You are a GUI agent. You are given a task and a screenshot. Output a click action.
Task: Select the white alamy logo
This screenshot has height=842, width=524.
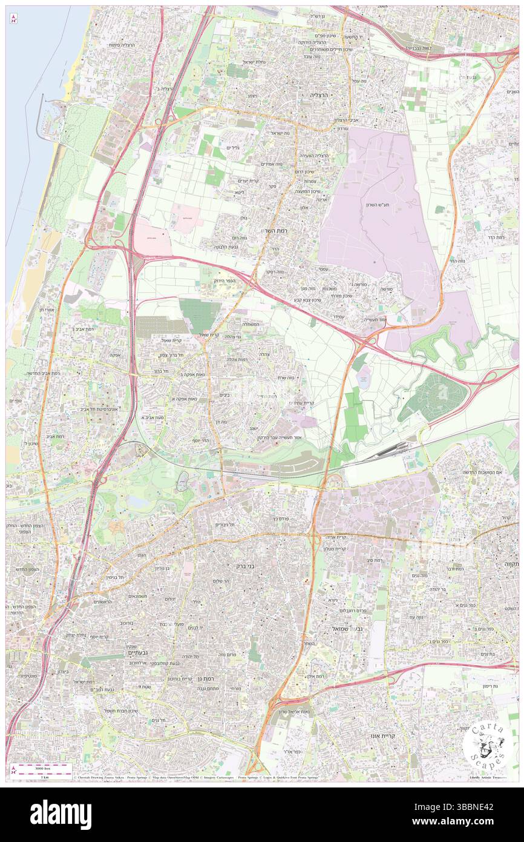(x=61, y=815)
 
